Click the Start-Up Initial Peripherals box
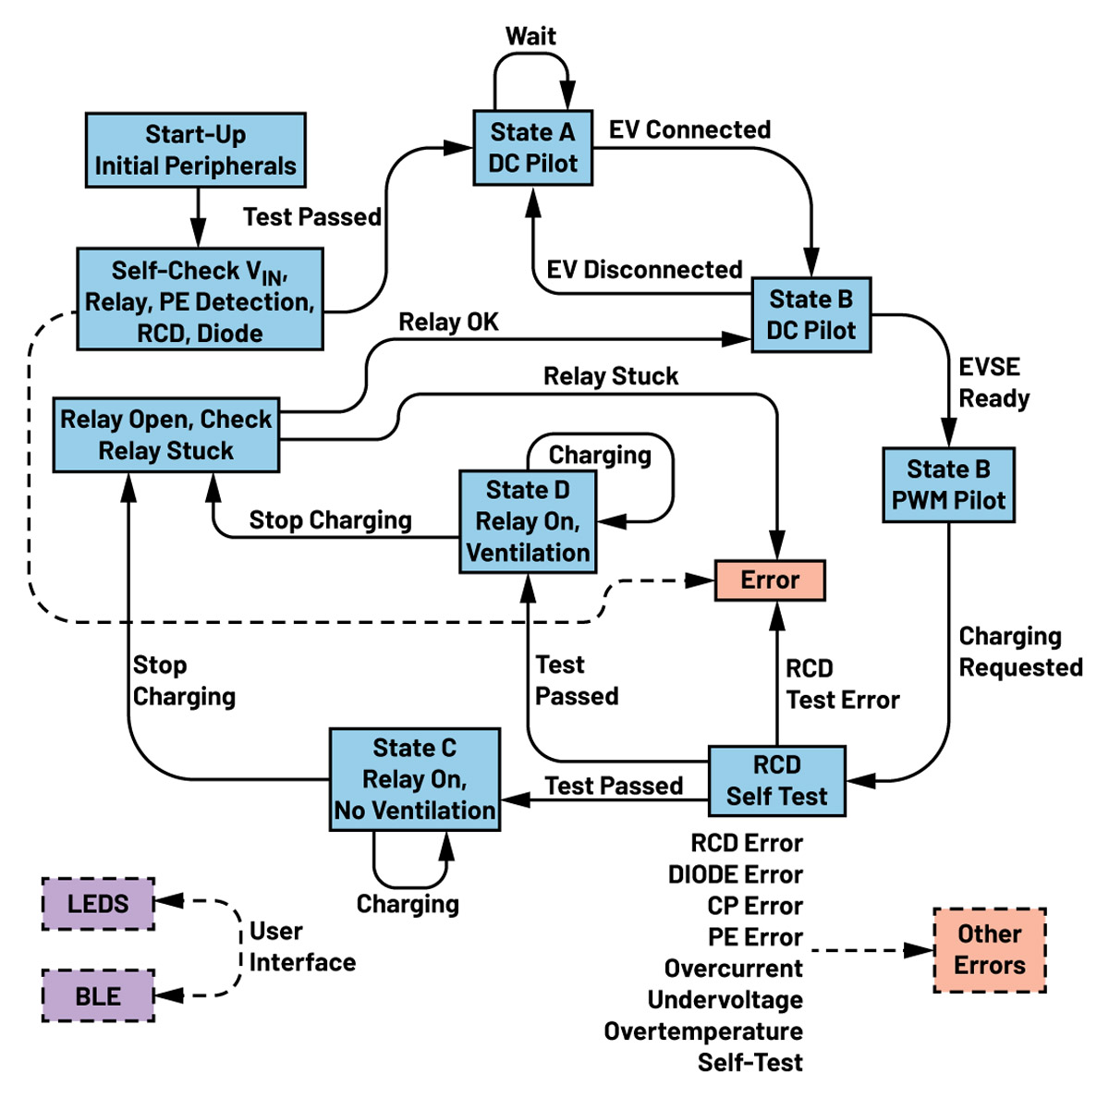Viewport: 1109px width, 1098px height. pyautogui.click(x=195, y=150)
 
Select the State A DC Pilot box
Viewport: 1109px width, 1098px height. pyautogui.click(x=532, y=148)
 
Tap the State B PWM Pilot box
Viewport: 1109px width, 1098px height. pyautogui.click(x=948, y=485)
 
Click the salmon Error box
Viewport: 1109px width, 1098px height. pyautogui.click(x=770, y=580)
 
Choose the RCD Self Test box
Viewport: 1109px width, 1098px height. pyautogui.click(x=776, y=781)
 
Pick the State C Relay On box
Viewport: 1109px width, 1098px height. pyautogui.click(x=415, y=779)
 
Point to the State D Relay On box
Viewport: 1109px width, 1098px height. pyautogui.click(x=528, y=521)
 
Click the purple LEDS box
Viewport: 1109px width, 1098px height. pyautogui.click(x=98, y=904)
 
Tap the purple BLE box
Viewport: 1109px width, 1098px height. pyautogui.click(x=98, y=996)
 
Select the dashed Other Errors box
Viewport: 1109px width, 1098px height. pyautogui.click(x=990, y=950)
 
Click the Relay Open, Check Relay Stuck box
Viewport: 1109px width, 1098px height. pyautogui.click(x=166, y=435)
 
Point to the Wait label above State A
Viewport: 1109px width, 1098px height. pyautogui.click(x=530, y=36)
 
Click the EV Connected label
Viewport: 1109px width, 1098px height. pyautogui.click(x=689, y=129)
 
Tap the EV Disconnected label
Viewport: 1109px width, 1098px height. pyautogui.click(x=644, y=270)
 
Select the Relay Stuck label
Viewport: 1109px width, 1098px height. pyautogui.click(x=611, y=376)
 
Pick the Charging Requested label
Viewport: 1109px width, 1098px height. pyautogui.click(x=1020, y=652)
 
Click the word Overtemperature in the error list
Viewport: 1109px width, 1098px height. pyautogui.click(x=703, y=1031)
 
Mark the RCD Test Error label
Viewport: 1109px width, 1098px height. pyautogui.click(x=842, y=684)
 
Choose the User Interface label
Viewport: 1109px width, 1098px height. pyautogui.click(x=302, y=946)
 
